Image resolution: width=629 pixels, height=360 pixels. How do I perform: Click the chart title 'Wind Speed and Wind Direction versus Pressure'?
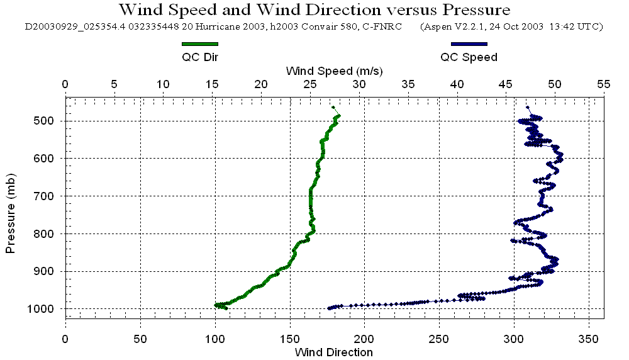click(314, 10)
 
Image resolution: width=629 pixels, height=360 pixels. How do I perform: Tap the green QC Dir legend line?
click(199, 44)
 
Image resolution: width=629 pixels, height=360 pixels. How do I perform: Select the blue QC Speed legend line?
click(469, 44)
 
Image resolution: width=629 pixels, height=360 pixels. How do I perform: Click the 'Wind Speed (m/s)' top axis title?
click(334, 70)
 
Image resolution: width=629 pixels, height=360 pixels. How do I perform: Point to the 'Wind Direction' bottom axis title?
click(334, 352)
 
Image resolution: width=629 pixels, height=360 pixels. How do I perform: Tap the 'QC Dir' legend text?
click(200, 57)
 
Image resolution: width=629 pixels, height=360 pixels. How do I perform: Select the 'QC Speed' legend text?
click(469, 57)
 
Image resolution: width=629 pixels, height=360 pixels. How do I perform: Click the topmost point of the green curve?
click(333, 108)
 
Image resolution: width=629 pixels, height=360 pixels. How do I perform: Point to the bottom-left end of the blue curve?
click(329, 308)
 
